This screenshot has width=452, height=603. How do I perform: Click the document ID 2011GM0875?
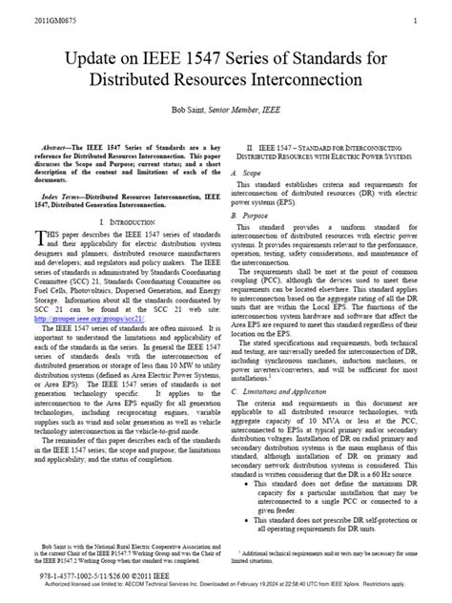(x=31, y=20)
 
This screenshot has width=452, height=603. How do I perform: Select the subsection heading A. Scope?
(x=245, y=173)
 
